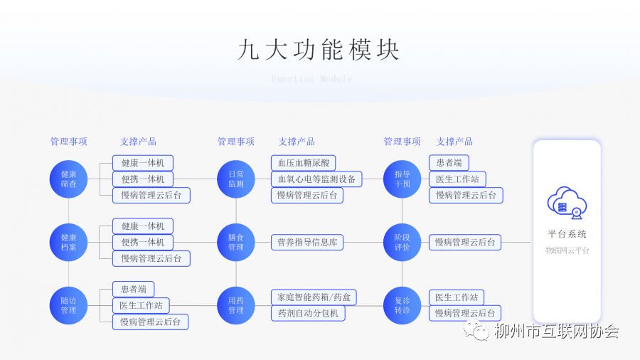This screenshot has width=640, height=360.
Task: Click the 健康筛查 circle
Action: pyautogui.click(x=68, y=179)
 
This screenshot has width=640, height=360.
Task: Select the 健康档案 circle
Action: pyautogui.click(x=68, y=242)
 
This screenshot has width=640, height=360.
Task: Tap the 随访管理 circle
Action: pyautogui.click(x=68, y=305)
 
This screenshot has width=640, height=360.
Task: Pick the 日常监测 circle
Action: pyautogui.click(x=236, y=179)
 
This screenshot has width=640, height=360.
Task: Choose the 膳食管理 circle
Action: pyautogui.click(x=236, y=242)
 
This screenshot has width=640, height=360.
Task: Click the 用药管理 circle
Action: pyautogui.click(x=236, y=305)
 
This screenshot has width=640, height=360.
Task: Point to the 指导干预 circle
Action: pyautogui.click(x=402, y=179)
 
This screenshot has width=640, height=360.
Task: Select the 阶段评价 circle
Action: pyautogui.click(x=402, y=242)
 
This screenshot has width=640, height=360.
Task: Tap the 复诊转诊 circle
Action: pyautogui.click(x=402, y=305)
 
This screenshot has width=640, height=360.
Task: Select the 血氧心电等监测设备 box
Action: pyautogui.click(x=316, y=179)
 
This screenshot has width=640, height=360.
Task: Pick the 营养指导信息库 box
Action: pyautogui.click(x=307, y=242)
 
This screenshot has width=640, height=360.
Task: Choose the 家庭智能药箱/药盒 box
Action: pyautogui.click(x=314, y=297)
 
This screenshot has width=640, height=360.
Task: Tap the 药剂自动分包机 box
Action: pyautogui.click(x=308, y=313)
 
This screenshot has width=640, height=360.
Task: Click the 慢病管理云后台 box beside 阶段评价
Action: pyautogui.click(x=465, y=242)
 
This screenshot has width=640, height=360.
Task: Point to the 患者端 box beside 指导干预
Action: pyautogui.click(x=449, y=163)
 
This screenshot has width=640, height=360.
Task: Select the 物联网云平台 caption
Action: pyautogui.click(x=567, y=250)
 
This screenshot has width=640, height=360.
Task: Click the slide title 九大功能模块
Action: pyautogui.click(x=319, y=50)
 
